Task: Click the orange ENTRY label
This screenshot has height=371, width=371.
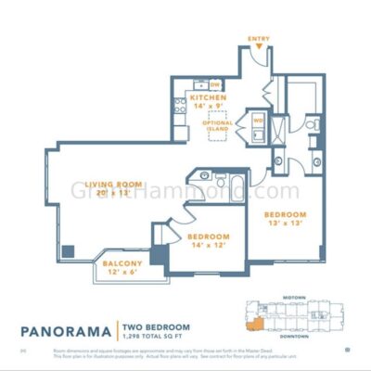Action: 259,38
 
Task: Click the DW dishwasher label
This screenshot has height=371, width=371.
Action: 214,84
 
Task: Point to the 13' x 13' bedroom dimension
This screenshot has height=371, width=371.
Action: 285,223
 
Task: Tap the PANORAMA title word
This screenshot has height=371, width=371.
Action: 65,328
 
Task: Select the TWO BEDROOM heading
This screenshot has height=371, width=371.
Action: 156,326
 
